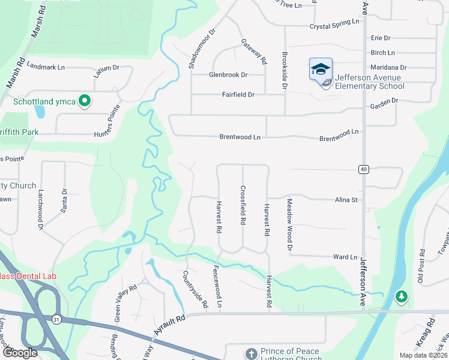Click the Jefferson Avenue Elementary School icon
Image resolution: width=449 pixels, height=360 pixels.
pos(321,68)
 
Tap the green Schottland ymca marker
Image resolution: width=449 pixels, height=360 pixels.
pos(85,101)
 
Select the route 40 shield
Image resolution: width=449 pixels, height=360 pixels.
pos(363,170)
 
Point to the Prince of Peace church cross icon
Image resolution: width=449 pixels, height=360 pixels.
pos(251,354)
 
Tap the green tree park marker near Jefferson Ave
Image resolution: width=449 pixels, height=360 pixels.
pos(402,296)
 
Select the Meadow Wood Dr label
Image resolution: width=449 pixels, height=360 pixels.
pos(289,224)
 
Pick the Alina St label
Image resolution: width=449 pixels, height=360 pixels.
pos(346,200)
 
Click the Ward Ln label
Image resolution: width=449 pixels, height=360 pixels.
pos(345,257)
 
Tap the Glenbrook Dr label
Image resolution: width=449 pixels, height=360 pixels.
pos(228,75)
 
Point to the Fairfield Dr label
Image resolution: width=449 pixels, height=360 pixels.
pos(238,95)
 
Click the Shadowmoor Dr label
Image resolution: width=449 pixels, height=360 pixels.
pos(193,49)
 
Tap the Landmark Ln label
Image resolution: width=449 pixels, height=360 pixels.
pos(46,67)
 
